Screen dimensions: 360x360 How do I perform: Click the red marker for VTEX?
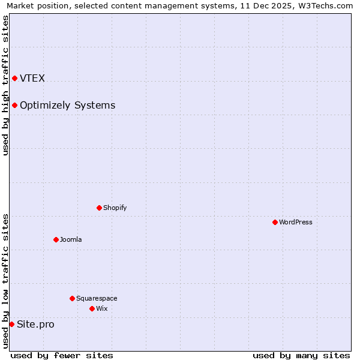[x=14, y=78]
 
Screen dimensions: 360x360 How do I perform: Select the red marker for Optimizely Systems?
[x=14, y=105]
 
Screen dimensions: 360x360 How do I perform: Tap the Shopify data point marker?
[x=99, y=208]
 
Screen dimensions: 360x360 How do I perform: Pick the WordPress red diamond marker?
[x=275, y=222]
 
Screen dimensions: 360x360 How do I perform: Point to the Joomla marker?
[x=56, y=239]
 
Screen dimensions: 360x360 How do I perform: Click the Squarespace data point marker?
[x=72, y=298]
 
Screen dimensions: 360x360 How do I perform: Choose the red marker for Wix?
[x=92, y=308]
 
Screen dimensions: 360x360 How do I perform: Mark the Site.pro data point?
[x=11, y=324]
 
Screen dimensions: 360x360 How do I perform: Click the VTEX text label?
[x=32, y=78]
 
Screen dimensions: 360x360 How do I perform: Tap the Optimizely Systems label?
[x=67, y=106]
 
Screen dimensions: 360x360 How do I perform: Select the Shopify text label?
[x=115, y=208]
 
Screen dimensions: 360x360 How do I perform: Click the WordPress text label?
[x=295, y=222]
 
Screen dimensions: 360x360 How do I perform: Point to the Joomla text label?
[x=71, y=239]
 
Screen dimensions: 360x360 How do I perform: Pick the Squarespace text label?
[x=97, y=298]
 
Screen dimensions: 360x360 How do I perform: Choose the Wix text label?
[x=101, y=308]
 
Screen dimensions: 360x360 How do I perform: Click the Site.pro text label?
[x=35, y=325]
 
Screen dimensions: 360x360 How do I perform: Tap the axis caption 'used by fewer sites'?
[x=62, y=355]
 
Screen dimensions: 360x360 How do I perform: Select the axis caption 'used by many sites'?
[x=301, y=355]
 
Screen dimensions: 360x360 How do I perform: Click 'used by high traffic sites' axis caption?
[x=5, y=85]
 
